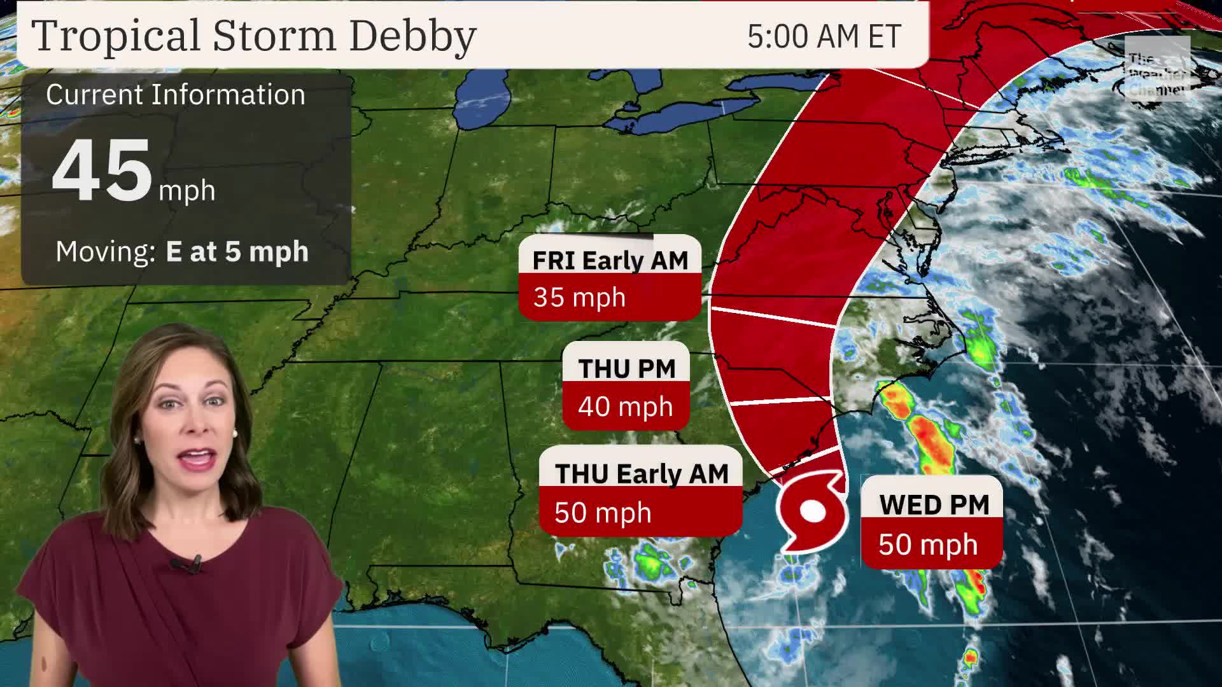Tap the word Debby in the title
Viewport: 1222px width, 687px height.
tap(412, 36)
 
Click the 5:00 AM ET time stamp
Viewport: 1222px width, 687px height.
tap(824, 37)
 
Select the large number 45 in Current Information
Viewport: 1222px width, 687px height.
tap(102, 170)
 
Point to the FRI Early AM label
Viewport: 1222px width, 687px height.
tap(610, 260)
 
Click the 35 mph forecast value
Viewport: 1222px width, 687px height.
tap(579, 297)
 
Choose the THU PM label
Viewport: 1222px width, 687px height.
tap(626, 368)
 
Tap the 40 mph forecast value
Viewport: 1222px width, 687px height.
tap(625, 406)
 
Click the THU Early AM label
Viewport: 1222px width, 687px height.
tap(641, 474)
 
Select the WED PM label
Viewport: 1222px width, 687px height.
tap(934, 505)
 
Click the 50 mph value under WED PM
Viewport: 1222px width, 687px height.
tap(928, 545)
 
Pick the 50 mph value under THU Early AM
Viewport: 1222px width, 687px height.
tap(603, 513)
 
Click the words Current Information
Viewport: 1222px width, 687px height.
tap(176, 95)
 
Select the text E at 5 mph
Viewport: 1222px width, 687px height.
tap(237, 251)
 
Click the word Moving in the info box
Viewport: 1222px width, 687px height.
tap(105, 251)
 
